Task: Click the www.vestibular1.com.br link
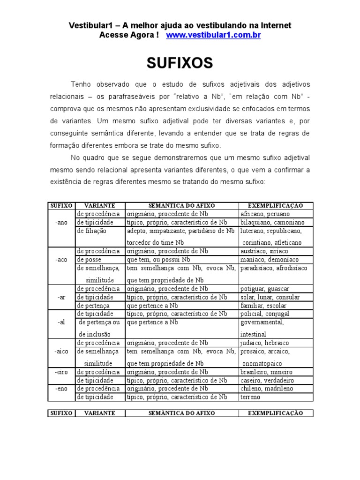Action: click(x=213, y=35)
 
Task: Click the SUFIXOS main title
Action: click(x=180, y=63)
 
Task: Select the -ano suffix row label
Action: click(x=61, y=222)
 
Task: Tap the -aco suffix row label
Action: click(x=61, y=260)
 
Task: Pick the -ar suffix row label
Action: click(x=61, y=297)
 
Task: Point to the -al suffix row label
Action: click(x=61, y=322)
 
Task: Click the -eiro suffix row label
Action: click(x=61, y=372)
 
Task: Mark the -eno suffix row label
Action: click(x=61, y=389)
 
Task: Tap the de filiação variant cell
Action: click(x=92, y=231)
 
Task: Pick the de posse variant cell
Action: click(x=89, y=260)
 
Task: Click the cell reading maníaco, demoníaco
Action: click(x=269, y=260)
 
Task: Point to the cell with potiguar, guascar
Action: click(x=264, y=289)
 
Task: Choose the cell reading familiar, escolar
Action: click(x=263, y=306)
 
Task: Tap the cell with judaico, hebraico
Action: click(x=264, y=343)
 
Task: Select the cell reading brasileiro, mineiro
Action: click(x=266, y=372)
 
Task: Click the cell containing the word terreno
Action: click(x=250, y=397)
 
